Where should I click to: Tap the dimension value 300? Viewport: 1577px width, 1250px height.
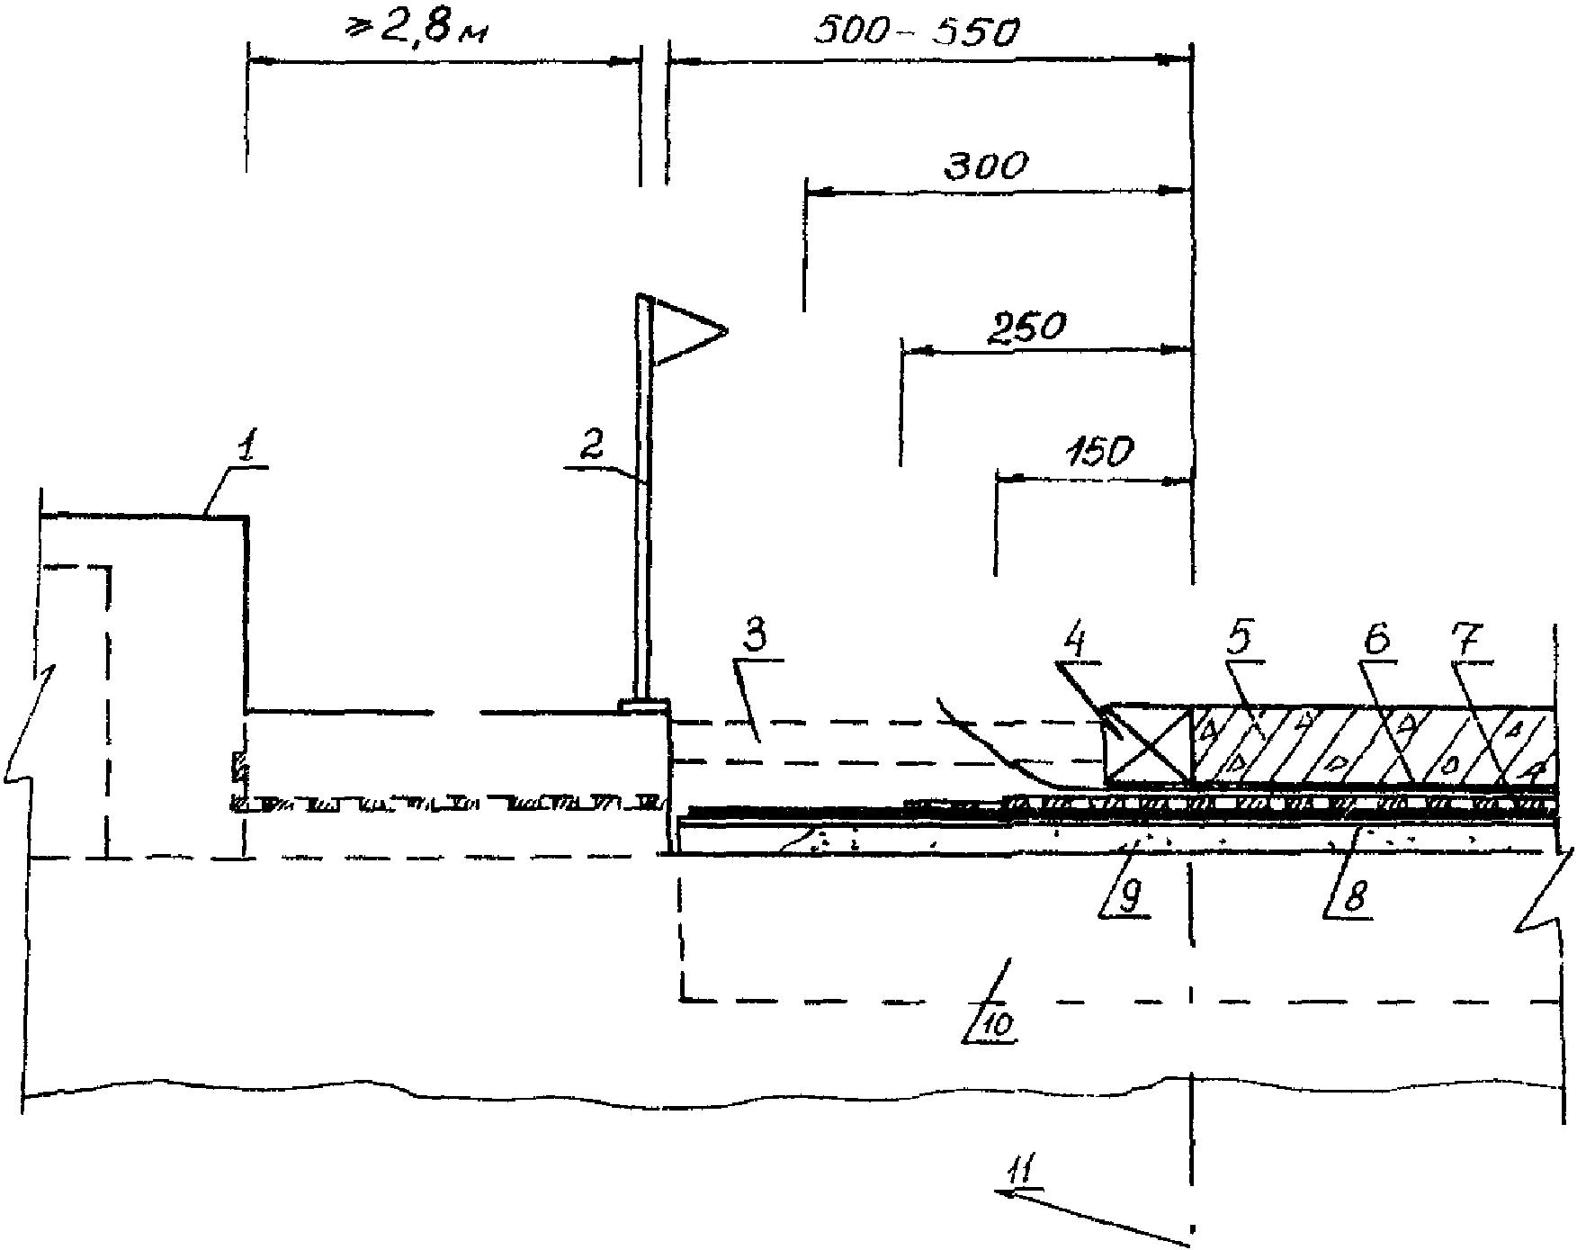coord(985,166)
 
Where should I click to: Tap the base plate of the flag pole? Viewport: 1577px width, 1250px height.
coord(644,705)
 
